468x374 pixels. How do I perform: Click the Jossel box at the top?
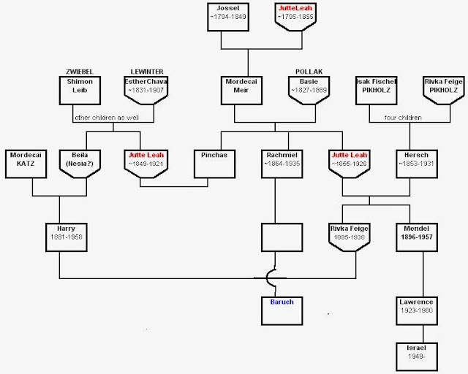tap(228, 17)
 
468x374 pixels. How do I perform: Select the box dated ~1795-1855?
tap(295, 17)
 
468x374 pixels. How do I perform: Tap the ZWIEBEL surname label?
tap(80, 72)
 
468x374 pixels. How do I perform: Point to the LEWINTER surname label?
tap(147, 72)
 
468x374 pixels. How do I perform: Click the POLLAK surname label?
tap(309, 72)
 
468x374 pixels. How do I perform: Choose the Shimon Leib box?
tap(80, 91)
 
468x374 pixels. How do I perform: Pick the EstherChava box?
tap(146, 91)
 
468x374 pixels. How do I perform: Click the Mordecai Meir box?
tap(241, 91)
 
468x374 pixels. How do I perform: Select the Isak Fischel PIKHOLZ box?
tap(376, 91)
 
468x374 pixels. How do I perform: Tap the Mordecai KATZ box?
tap(26, 164)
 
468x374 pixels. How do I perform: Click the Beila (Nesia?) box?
tap(80, 164)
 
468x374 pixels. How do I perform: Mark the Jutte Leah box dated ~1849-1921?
tap(146, 164)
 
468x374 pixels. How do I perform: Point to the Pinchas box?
tap(214, 164)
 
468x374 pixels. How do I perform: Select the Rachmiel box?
tap(282, 164)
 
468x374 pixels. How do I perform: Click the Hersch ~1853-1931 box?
tap(417, 164)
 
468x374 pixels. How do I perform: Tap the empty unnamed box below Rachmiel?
tap(282, 237)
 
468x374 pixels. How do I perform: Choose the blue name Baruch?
tap(282, 302)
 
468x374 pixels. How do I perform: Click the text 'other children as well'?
tap(107, 118)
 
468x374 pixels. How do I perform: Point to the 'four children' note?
tap(403, 118)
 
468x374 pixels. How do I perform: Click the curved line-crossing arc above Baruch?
tap(267, 278)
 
